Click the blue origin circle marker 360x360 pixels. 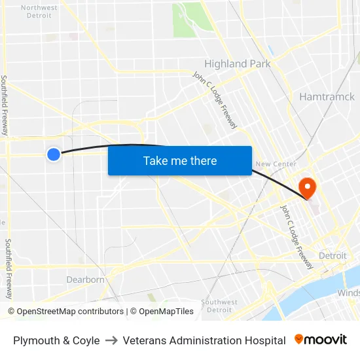pyautogui.click(x=54, y=154)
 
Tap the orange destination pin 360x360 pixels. pyautogui.click(x=306, y=188)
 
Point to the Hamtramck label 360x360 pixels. pyautogui.click(x=327, y=97)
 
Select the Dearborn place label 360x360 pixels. pyautogui.click(x=85, y=279)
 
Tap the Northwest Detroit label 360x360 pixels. pyautogui.click(x=39, y=12)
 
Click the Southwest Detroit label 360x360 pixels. pyautogui.click(x=219, y=306)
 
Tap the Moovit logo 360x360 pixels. pyautogui.click(x=321, y=340)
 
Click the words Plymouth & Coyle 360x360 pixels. pyautogui.click(x=56, y=340)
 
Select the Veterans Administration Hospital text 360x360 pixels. pyautogui.click(x=204, y=340)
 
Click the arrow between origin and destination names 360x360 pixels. pyautogui.click(x=111, y=340)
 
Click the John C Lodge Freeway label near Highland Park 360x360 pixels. pyautogui.click(x=215, y=100)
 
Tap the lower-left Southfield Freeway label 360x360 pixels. pyautogui.click(x=9, y=268)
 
